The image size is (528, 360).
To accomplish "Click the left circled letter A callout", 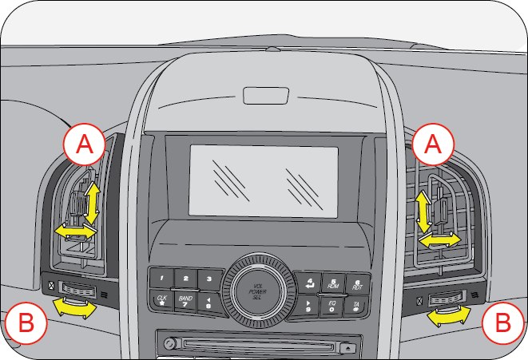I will pos(85,144).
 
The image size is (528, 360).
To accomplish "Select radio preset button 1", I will pos(162,279).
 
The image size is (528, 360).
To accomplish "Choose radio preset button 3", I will pos(210,279).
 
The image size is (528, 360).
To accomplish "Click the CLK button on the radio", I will pos(161,302).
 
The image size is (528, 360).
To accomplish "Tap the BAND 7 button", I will pos(185,303).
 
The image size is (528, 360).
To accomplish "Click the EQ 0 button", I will pos(332,304).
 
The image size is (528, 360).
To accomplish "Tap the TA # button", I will pos(356,305).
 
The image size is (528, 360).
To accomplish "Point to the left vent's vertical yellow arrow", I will pos(93,202).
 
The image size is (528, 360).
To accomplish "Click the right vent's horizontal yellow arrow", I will pos(440,239).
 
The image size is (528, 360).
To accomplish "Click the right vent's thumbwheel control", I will pos(445,300).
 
